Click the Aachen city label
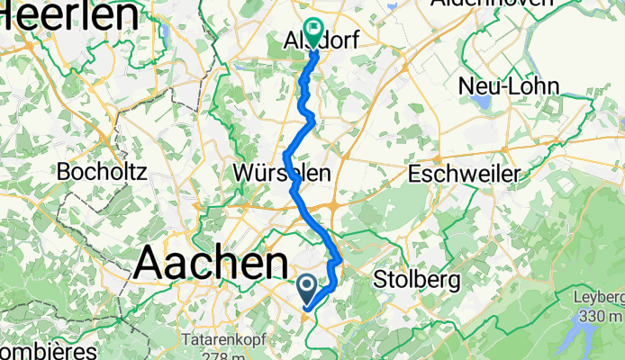point(212,264)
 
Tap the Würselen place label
point(280,172)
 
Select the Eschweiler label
point(466,172)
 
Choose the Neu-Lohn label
point(510,86)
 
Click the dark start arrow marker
point(306,287)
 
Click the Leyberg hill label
point(600,299)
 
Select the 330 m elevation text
point(601,316)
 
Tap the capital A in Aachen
point(149,264)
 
